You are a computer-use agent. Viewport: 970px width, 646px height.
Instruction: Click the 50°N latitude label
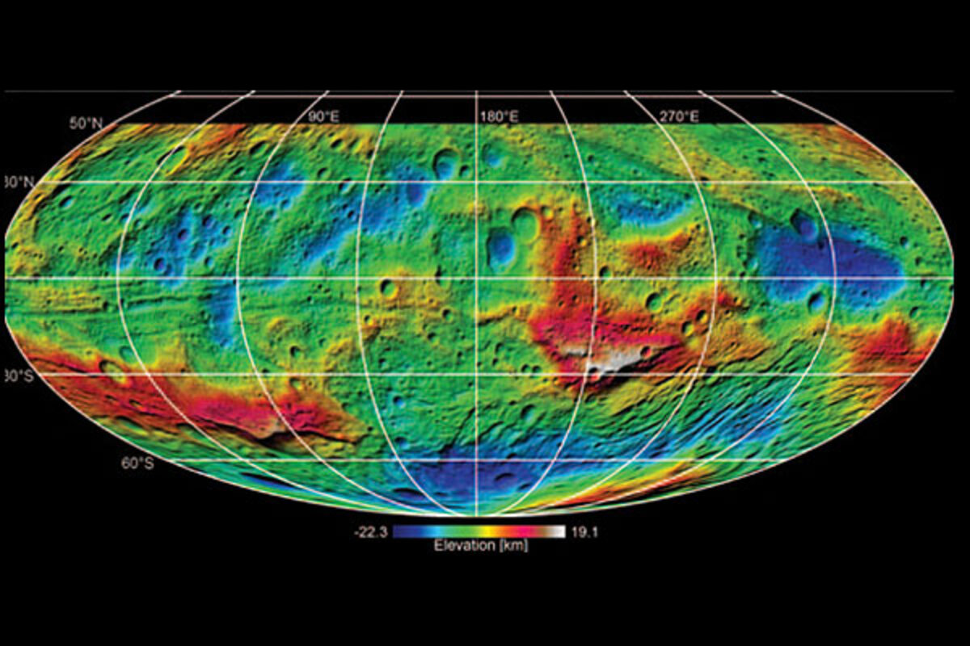pyautogui.click(x=86, y=124)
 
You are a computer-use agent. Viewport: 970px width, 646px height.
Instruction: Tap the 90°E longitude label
pyautogui.click(x=323, y=117)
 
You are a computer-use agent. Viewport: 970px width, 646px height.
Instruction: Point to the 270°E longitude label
pyautogui.click(x=679, y=117)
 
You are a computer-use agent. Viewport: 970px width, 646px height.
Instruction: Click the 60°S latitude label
pyautogui.click(x=137, y=463)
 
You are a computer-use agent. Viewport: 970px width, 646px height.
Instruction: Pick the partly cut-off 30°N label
pyautogui.click(x=18, y=182)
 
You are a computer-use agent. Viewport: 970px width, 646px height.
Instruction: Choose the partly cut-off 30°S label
pyautogui.click(x=17, y=375)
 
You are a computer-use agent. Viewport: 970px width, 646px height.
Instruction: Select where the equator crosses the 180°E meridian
pyautogui.click(x=477, y=279)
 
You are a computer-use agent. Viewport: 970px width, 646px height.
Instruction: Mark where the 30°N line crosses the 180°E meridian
pyautogui.click(x=477, y=182)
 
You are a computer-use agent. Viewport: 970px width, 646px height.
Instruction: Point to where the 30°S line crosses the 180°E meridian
pyautogui.click(x=477, y=375)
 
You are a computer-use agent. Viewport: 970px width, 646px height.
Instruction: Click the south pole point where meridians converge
pyautogui.click(x=477, y=515)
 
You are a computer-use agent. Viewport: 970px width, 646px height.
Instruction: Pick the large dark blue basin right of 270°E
pyautogui.click(x=833, y=262)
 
